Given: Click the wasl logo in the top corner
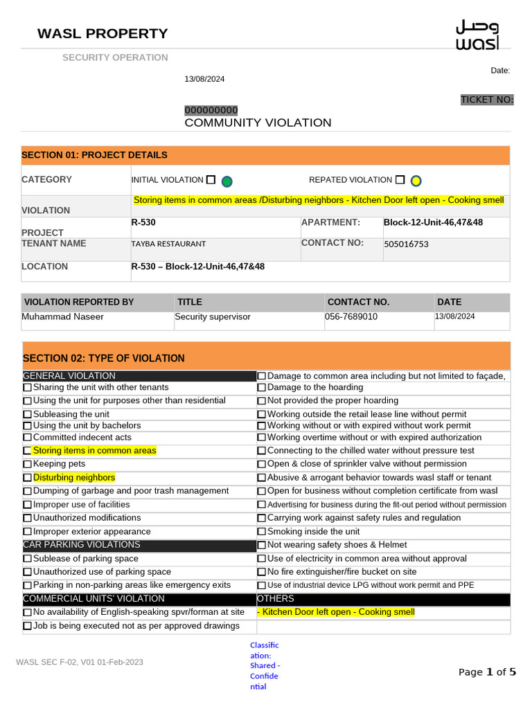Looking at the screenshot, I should [477, 35].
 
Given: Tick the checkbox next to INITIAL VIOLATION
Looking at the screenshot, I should [211, 179].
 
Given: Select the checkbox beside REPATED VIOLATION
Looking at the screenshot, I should [400, 180].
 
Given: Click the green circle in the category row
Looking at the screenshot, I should [227, 181].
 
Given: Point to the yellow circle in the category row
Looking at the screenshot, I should [416, 181].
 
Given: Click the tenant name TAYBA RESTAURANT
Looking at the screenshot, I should [168, 244].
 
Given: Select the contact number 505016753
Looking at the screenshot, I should [406, 244].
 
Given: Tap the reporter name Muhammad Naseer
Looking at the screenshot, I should [63, 317].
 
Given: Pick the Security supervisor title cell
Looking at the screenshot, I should [213, 317].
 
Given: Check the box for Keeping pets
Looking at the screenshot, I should [28, 465].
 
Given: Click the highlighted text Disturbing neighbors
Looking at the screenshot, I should [74, 478].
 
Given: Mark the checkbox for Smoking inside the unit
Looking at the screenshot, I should [262, 532].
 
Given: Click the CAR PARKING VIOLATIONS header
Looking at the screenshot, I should [82, 545].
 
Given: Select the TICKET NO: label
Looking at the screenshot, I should [487, 100].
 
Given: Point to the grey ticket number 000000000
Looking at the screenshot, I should [211, 110].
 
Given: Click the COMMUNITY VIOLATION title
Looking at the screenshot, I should [258, 123].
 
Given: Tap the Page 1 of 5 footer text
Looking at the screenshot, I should [487, 672].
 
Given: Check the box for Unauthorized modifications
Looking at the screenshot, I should [28, 519].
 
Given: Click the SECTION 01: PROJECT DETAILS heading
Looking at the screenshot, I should [94, 155].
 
